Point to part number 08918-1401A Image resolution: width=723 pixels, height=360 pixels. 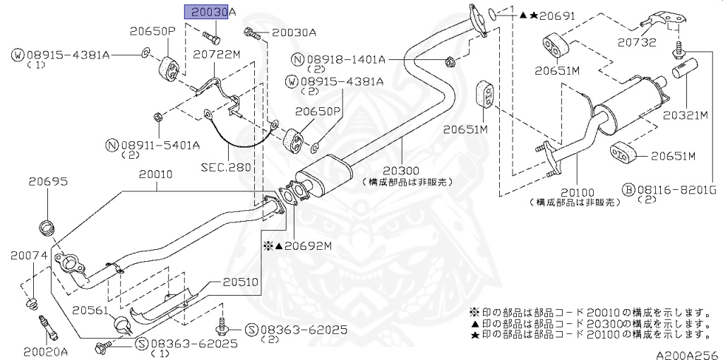click(x=345, y=59)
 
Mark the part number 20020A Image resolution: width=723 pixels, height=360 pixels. click(x=44, y=351)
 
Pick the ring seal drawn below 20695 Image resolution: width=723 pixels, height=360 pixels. click(x=48, y=228)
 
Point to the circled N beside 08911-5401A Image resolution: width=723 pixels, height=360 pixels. click(x=111, y=145)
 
